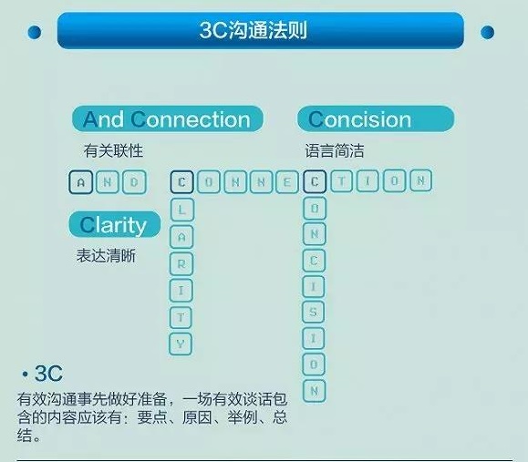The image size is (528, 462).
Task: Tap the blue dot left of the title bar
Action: point(34,33)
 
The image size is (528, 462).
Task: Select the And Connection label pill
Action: point(167,119)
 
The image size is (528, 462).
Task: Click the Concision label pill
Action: point(374,119)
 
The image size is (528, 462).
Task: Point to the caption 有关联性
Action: point(113,150)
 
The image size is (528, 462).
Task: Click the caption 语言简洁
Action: point(335,150)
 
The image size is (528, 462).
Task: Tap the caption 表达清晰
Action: point(106,256)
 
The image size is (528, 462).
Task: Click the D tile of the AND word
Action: point(132,182)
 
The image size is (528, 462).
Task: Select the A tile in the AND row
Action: point(80,182)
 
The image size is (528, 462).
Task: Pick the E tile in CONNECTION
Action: point(287,182)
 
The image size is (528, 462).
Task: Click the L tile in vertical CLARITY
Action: point(181,209)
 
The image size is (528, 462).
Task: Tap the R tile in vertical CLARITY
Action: point(181,262)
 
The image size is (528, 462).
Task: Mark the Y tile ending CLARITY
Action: point(181,343)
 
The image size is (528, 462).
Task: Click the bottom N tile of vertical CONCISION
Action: point(315,391)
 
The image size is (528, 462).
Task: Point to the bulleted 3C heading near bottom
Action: point(41,375)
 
